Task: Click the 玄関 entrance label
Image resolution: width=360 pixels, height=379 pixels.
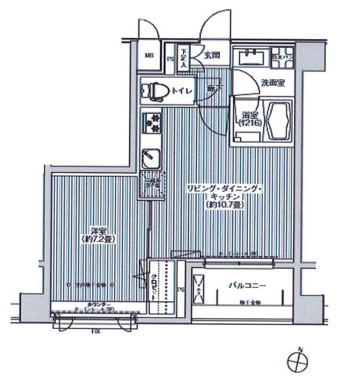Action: pos(212,57)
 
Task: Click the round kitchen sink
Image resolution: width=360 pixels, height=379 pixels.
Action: pos(150,157)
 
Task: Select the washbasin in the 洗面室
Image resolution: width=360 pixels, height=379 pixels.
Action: pos(252,57)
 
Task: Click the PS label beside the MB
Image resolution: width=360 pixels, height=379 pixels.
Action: pos(171,58)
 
